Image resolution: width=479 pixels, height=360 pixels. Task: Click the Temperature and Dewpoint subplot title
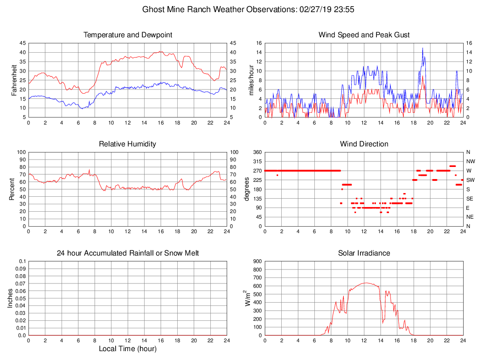[x=128, y=35]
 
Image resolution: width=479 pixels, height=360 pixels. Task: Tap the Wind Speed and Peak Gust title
[x=364, y=35]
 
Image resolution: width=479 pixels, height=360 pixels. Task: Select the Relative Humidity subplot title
[x=127, y=144]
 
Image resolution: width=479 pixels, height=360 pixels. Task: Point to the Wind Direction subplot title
[x=364, y=144]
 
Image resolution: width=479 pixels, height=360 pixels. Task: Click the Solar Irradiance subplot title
[x=364, y=253]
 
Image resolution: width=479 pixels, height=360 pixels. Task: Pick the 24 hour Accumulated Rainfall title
[x=128, y=253]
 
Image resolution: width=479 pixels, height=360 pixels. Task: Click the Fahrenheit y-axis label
[x=14, y=80]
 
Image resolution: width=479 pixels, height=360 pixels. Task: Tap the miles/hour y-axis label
[x=251, y=80]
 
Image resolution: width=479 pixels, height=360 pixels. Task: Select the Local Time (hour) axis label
[x=127, y=349]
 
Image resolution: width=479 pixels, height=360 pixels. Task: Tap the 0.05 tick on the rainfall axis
[x=21, y=298]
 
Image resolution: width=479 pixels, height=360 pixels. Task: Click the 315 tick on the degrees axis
[x=256, y=161]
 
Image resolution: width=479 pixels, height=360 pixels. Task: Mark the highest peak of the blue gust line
[x=423, y=48]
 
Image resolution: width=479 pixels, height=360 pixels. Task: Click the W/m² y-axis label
[x=248, y=298]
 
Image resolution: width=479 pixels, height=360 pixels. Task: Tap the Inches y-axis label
[x=11, y=298]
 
